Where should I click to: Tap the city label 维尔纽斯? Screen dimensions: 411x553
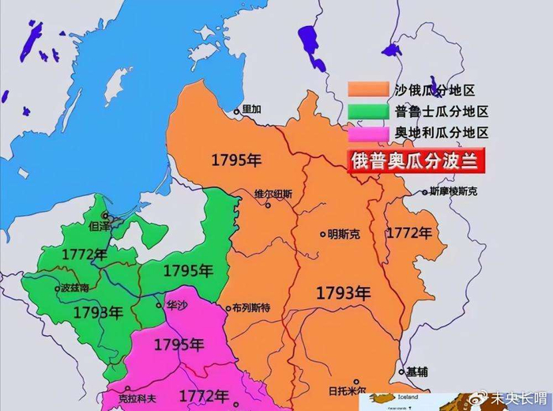pyautogui.click(x=273, y=193)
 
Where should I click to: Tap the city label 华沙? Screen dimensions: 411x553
pyautogui.click(x=178, y=304)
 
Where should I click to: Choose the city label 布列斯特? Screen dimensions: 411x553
pyautogui.click(x=249, y=308)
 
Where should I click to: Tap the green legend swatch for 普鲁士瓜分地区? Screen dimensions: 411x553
pyautogui.click(x=368, y=111)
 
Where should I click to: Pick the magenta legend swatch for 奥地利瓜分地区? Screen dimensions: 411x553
pyautogui.click(x=368, y=133)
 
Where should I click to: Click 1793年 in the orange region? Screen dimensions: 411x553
pyautogui.click(x=343, y=292)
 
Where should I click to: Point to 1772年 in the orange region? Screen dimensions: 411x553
pyautogui.click(x=409, y=233)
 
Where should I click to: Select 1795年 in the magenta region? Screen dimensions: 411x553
pyautogui.click(x=179, y=345)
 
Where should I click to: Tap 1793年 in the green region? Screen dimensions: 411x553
pyautogui.click(x=97, y=311)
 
